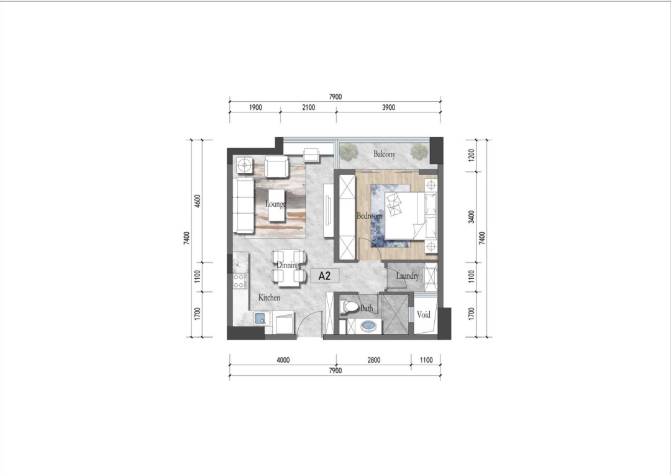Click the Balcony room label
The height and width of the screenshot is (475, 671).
(x=385, y=154)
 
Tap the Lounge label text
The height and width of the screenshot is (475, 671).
(x=276, y=204)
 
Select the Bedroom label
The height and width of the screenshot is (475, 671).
(x=370, y=216)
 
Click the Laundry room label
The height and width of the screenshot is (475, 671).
(x=408, y=276)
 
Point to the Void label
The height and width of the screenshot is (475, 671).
(x=424, y=315)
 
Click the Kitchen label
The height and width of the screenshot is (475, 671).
(x=269, y=297)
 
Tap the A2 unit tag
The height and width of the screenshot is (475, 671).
(x=325, y=276)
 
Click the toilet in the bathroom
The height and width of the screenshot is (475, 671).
(x=349, y=306)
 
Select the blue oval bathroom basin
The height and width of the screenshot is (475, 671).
(x=368, y=327)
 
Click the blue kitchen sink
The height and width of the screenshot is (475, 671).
(x=260, y=319)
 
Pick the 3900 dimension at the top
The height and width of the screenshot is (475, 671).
(x=388, y=107)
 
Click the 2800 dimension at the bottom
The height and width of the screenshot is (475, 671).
(x=373, y=360)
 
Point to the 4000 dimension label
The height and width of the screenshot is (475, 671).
(x=283, y=360)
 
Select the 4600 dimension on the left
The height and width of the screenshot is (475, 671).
(x=198, y=201)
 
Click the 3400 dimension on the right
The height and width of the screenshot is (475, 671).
(x=471, y=217)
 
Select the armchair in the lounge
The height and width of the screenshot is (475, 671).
(x=276, y=166)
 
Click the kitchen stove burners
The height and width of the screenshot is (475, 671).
(x=240, y=281)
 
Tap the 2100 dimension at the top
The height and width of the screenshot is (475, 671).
(x=308, y=107)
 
